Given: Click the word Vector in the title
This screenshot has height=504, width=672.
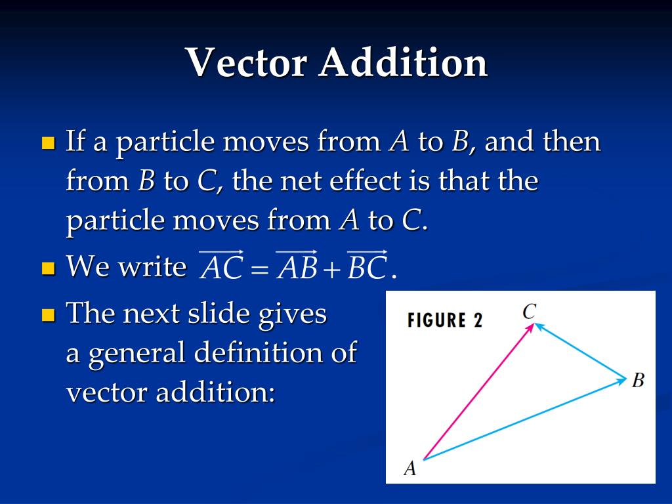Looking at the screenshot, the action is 247,62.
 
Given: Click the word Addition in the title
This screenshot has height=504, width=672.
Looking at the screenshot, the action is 404,62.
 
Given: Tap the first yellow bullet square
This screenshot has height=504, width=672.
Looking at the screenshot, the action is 49,142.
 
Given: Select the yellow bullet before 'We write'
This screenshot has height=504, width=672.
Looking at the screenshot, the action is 49,268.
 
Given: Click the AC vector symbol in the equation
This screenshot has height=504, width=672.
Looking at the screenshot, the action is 221,265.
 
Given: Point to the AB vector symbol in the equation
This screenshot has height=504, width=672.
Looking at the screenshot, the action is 297,265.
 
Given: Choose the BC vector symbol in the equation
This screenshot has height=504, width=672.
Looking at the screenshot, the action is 367,265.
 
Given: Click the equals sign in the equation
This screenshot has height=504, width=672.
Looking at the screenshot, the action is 260,269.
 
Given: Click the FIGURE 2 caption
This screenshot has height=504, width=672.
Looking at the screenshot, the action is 445,320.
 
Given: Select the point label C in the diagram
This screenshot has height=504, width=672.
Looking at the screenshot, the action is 530,312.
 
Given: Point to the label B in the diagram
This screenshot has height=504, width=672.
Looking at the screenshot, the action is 638,380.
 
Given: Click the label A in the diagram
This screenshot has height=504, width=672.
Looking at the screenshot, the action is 410,468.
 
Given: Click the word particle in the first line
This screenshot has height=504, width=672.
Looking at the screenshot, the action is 165,142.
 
